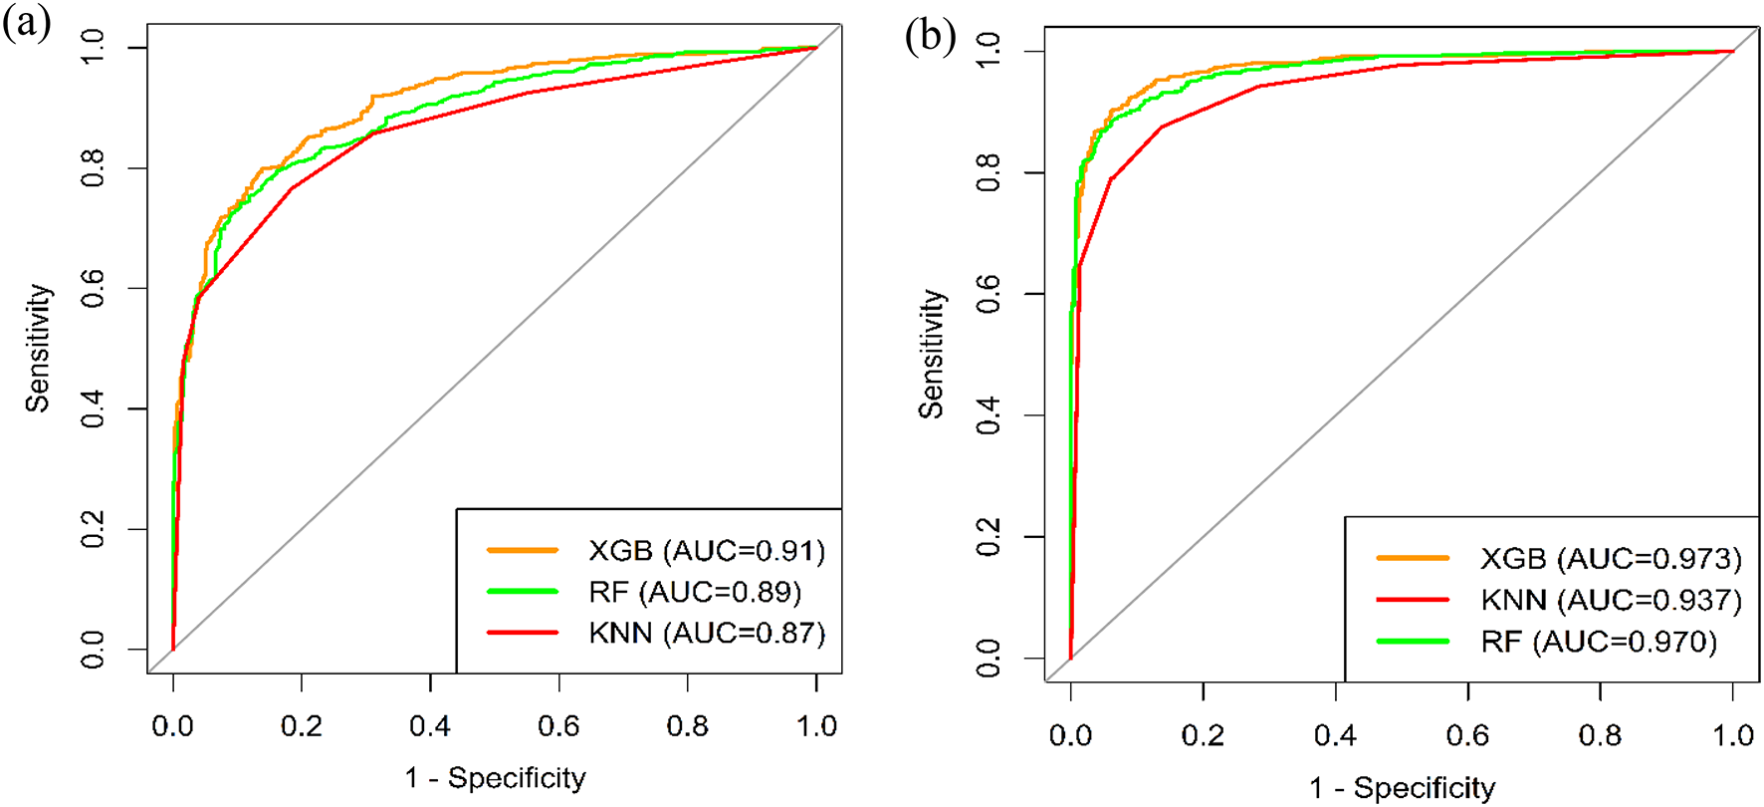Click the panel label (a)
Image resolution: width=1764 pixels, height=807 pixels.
click(27, 23)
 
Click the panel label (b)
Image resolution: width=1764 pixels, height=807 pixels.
click(930, 37)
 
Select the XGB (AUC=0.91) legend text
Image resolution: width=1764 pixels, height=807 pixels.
click(707, 551)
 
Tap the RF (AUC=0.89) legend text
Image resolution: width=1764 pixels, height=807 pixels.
click(695, 593)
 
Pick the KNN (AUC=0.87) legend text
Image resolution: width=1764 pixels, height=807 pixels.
click(707, 634)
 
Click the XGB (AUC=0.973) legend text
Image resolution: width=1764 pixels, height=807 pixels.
click(1611, 559)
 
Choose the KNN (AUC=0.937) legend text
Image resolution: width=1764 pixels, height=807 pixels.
click(1611, 601)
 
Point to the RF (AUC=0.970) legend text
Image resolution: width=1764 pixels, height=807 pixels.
click(1599, 643)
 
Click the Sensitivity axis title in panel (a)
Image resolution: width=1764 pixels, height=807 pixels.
click(38, 348)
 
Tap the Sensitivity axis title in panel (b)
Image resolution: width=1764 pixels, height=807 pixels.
click(931, 354)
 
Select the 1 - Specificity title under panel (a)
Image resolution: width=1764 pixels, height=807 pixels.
click(495, 778)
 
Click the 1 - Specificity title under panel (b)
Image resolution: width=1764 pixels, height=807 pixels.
click(1402, 788)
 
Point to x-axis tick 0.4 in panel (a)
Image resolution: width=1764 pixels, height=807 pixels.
click(430, 726)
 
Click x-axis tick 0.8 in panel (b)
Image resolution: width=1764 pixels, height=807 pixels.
click(1600, 736)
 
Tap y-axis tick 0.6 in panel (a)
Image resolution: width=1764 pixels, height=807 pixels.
click(93, 289)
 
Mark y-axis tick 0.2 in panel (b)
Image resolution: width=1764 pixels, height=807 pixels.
click(989, 537)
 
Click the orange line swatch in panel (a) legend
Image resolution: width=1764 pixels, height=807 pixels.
click(522, 550)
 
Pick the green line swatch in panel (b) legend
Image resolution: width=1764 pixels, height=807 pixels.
click(1412, 642)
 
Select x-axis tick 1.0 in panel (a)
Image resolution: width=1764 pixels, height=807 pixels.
click(816, 726)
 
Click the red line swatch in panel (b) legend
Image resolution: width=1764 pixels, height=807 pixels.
click(1412, 600)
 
